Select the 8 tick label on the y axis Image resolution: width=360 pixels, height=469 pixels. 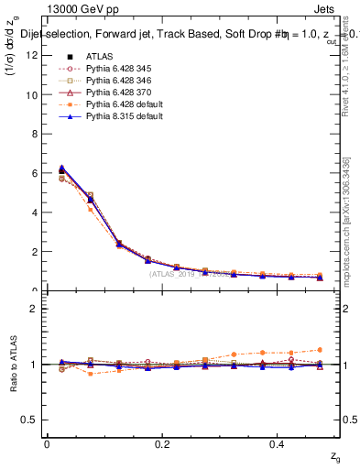coord(36,134)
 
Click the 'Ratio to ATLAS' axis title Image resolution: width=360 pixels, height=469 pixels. coord(13,365)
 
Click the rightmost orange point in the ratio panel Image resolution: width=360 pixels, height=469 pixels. coord(320,349)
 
